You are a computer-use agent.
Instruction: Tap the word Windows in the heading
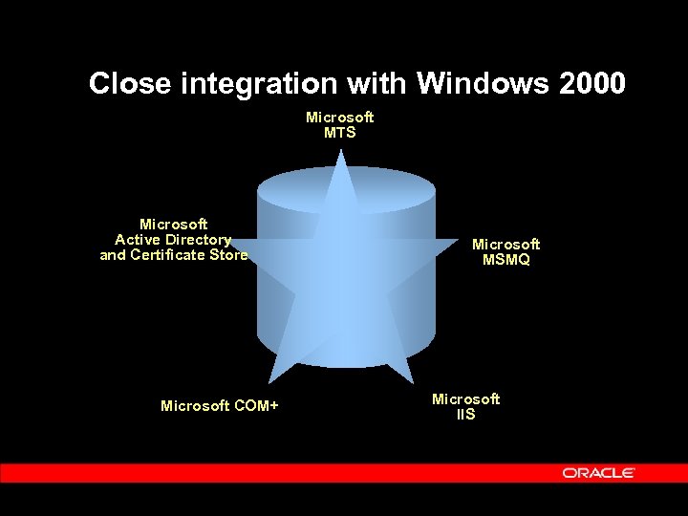(x=483, y=84)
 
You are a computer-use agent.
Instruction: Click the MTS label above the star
(x=339, y=133)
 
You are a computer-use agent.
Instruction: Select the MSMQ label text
(x=505, y=260)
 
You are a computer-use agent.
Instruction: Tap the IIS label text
(x=465, y=415)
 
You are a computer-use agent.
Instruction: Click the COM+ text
(x=254, y=406)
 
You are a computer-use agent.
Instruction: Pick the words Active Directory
(x=173, y=240)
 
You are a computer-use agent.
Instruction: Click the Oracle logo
(x=599, y=473)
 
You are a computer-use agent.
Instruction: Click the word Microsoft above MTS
(x=339, y=118)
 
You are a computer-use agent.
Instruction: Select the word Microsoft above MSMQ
(x=505, y=245)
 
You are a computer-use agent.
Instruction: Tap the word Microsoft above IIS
(x=465, y=399)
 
